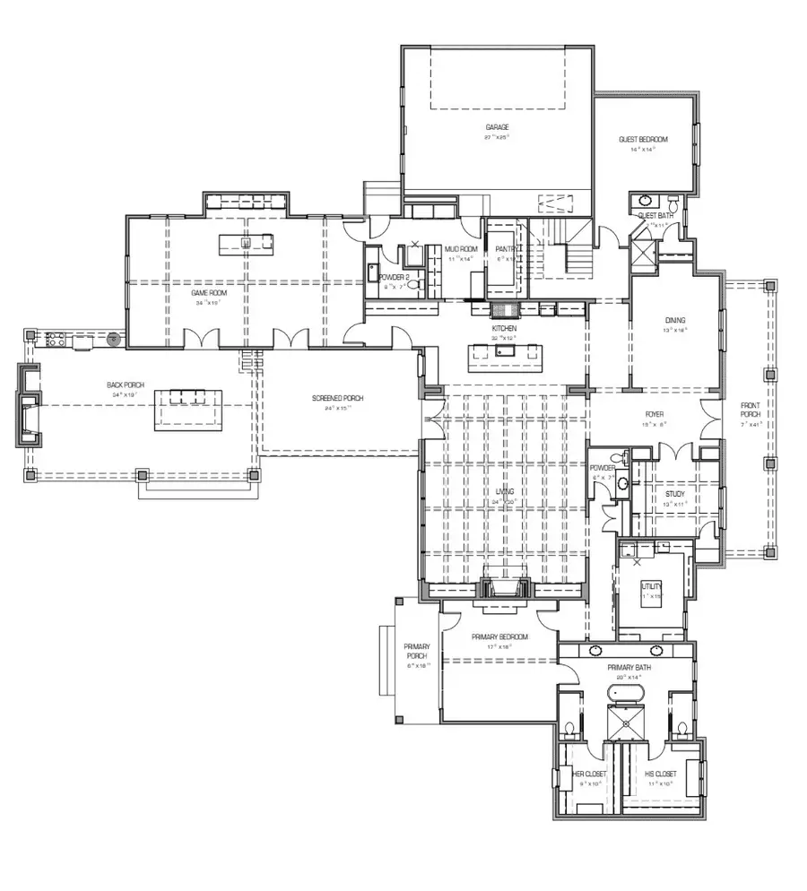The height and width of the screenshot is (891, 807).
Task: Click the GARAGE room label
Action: coord(497,127)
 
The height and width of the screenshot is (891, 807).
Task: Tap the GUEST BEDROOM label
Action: coord(643,139)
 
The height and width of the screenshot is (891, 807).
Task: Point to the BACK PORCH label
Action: coord(126,385)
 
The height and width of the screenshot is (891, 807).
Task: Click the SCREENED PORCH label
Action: coord(337,398)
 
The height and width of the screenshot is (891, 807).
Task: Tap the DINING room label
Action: coord(675,319)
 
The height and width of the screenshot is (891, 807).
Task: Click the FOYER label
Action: coord(655,415)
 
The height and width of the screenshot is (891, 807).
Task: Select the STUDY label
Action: coord(675,494)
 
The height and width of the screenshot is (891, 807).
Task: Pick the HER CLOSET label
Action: coord(589,773)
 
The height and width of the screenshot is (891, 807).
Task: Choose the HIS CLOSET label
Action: coord(661,773)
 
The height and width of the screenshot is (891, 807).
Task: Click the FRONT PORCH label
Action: coord(751,411)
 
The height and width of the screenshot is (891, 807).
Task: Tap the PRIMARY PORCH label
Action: coord(418,652)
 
